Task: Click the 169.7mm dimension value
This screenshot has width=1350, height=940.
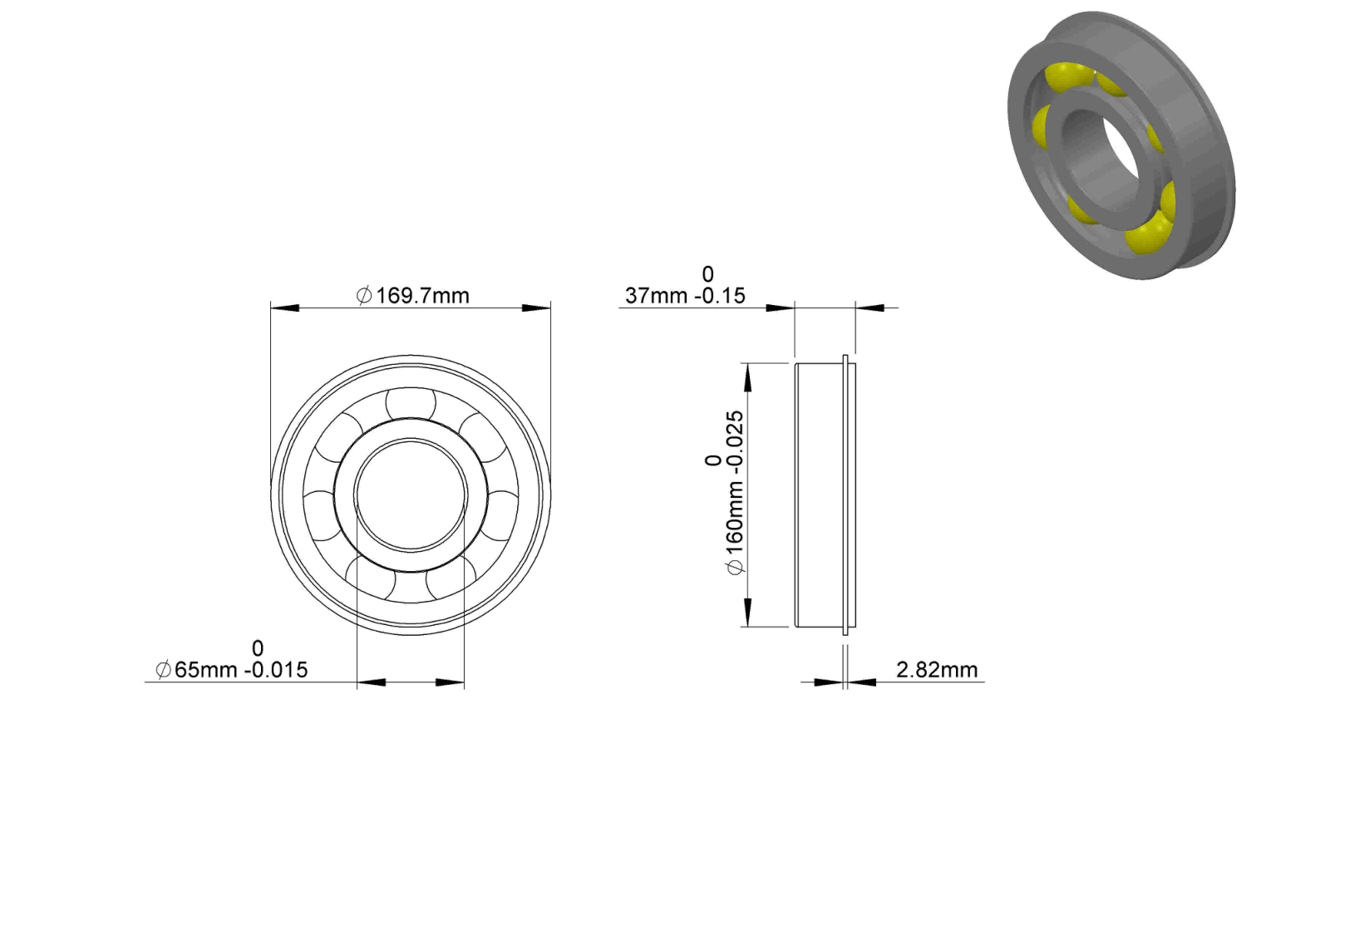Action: [x=422, y=296]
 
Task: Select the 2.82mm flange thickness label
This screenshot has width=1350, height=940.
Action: [x=937, y=669]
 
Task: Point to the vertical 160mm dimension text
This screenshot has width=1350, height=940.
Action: [x=735, y=520]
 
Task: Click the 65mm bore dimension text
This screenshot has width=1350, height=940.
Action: [x=205, y=669]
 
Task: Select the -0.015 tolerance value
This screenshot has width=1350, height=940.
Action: [x=276, y=669]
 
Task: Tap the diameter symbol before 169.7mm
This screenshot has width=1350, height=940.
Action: [x=364, y=296]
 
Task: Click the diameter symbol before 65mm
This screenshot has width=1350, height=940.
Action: [x=163, y=669]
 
